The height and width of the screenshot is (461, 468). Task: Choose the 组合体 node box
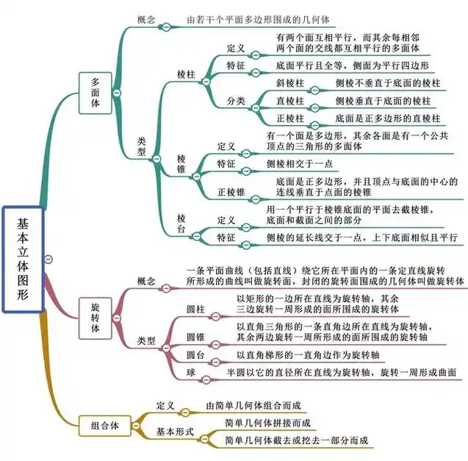(x=104, y=424)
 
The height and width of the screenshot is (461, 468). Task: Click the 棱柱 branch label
(x=187, y=74)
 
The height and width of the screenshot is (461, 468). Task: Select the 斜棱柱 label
(x=289, y=83)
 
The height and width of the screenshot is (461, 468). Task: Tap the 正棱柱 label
(x=289, y=118)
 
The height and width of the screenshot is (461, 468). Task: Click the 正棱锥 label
(x=231, y=193)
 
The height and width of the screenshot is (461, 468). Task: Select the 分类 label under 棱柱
(x=236, y=101)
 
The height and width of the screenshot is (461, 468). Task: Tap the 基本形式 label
(x=175, y=432)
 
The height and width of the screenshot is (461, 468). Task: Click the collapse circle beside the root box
(x=48, y=259)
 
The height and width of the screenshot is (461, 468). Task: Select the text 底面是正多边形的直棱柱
(x=387, y=118)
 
